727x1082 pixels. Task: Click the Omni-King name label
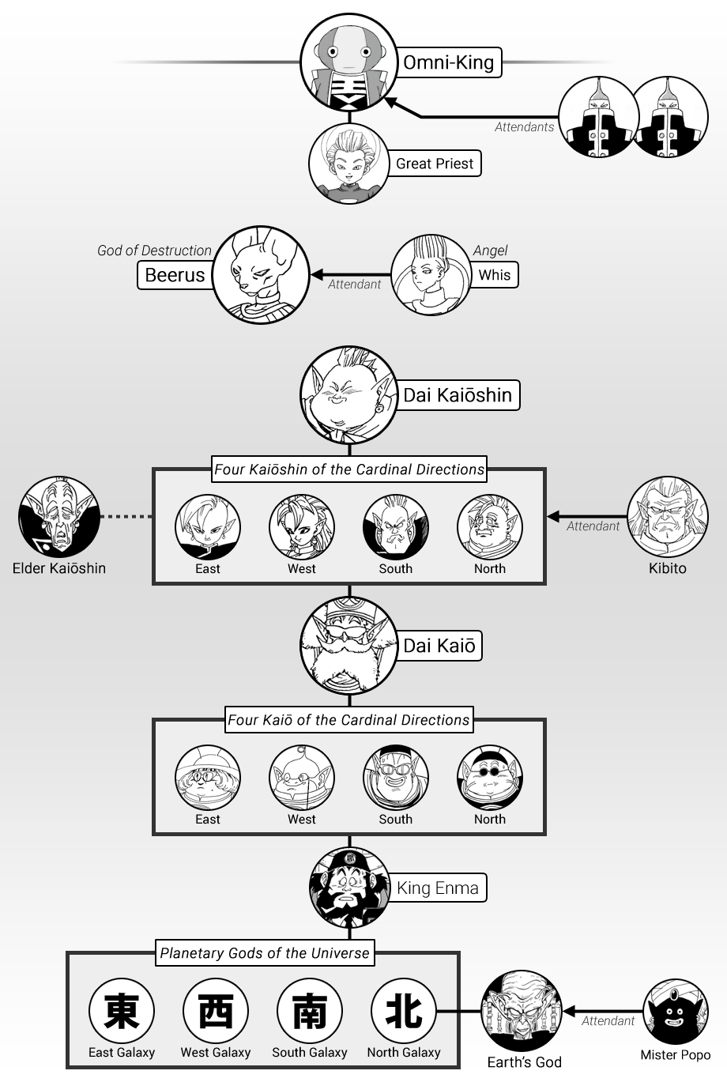pyautogui.click(x=448, y=62)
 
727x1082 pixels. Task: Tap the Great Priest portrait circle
pyautogui.click(x=348, y=164)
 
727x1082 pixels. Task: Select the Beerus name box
pyautogui.click(x=175, y=275)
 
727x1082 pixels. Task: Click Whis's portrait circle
pyautogui.click(x=431, y=274)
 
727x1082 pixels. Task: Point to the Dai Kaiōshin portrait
pyautogui.click(x=348, y=394)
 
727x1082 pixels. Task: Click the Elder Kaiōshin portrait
pyautogui.click(x=59, y=516)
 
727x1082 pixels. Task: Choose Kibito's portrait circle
pyautogui.click(x=668, y=516)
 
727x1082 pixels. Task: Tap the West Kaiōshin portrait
pyautogui.click(x=301, y=526)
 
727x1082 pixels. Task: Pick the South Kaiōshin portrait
pyautogui.click(x=396, y=526)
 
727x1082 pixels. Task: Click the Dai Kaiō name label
pyautogui.click(x=439, y=646)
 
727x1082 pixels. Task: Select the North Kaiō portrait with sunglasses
pyautogui.click(x=490, y=777)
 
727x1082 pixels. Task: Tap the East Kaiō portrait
pyautogui.click(x=208, y=777)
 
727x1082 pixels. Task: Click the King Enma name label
pyautogui.click(x=438, y=888)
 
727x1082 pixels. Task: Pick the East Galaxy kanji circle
pyautogui.click(x=122, y=1011)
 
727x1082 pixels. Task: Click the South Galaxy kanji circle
pyautogui.click(x=310, y=1011)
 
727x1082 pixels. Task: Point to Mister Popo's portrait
pyautogui.click(x=676, y=1012)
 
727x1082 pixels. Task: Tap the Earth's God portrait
pyautogui.click(x=522, y=1012)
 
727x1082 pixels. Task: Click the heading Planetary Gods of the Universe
pyautogui.click(x=265, y=953)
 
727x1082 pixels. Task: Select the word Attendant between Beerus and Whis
pyautogui.click(x=355, y=284)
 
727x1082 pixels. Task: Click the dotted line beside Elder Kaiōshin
pyautogui.click(x=126, y=516)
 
